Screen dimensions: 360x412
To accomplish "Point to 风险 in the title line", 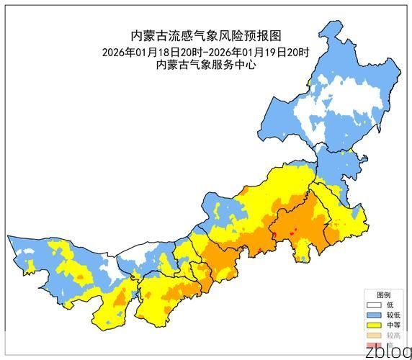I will coord(228,36).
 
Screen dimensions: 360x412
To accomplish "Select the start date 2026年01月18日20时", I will coord(152,52).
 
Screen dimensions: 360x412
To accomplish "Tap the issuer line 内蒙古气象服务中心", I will coord(206,65).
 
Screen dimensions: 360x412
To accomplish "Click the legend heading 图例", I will coord(384,295).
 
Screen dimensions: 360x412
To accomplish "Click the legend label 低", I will coord(390,305).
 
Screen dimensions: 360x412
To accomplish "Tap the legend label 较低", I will coord(393,315).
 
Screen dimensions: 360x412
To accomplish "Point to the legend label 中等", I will coord(393,325).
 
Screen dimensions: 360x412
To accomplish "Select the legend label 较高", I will coord(393,336).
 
